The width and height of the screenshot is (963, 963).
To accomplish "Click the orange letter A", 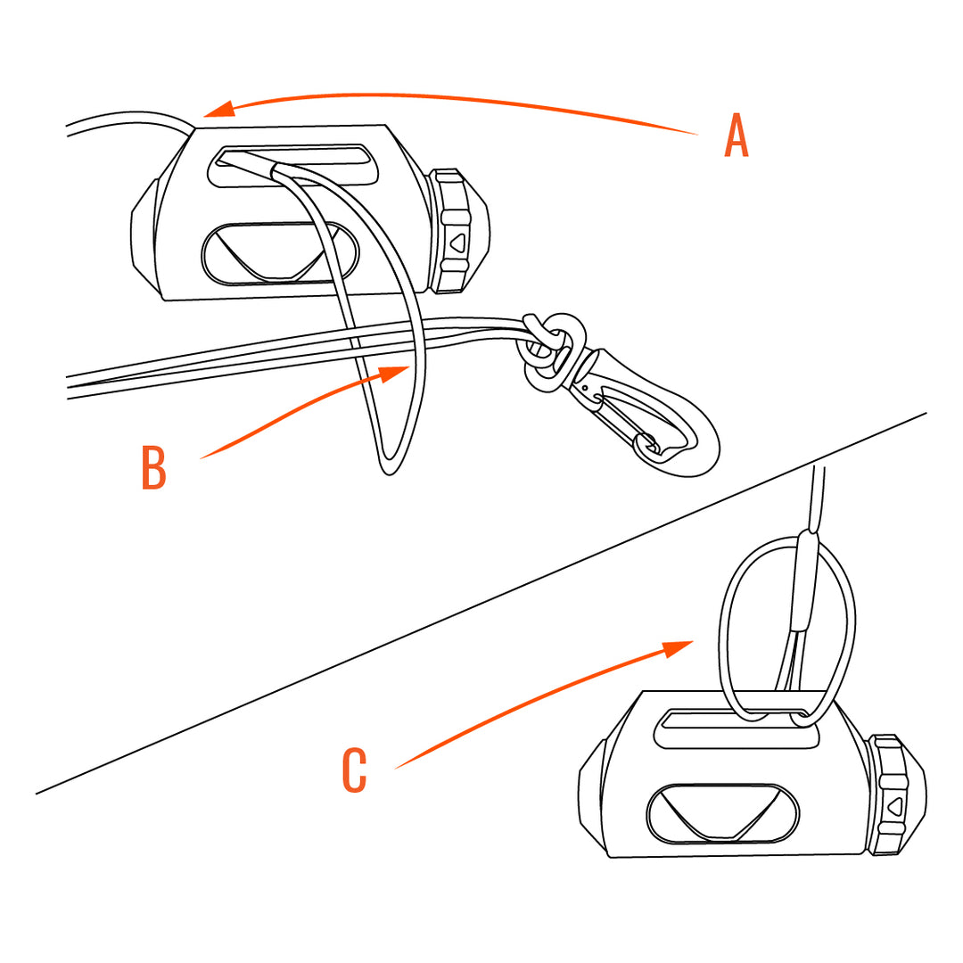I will pos(736,136).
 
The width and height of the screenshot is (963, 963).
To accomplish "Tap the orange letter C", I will pos(354,771).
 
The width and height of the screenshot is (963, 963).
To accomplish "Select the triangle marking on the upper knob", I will pos(457,242).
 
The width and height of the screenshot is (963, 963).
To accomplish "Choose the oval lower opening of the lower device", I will pos(722,812).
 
